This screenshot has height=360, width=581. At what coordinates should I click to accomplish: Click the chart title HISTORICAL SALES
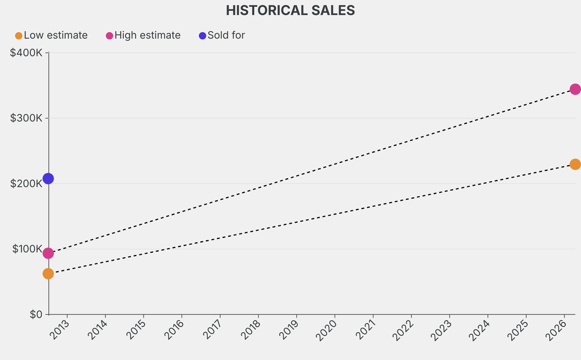coord(290,10)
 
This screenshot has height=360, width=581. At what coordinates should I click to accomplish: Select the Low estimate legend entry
coord(55,35)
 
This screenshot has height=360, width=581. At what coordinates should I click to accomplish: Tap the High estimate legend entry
coord(147,35)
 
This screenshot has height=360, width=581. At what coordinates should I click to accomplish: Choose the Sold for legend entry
coord(226,35)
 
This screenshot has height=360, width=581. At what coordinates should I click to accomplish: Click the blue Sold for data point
coord(48,178)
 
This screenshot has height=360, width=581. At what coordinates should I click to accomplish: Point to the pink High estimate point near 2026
coord(575,89)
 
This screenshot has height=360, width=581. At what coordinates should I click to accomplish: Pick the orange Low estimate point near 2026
coord(575,164)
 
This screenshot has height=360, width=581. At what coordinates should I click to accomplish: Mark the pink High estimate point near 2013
coord(48,253)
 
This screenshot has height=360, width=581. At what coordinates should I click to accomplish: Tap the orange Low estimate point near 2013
coord(48,274)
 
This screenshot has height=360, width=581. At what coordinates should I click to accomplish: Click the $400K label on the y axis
coord(26,53)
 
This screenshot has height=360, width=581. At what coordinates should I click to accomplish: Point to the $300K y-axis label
coord(26,118)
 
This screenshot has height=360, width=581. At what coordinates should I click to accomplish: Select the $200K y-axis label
coord(26,183)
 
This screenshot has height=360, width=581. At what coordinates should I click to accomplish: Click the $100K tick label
coord(26,249)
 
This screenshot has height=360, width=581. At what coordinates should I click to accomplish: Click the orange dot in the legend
coord(19,36)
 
